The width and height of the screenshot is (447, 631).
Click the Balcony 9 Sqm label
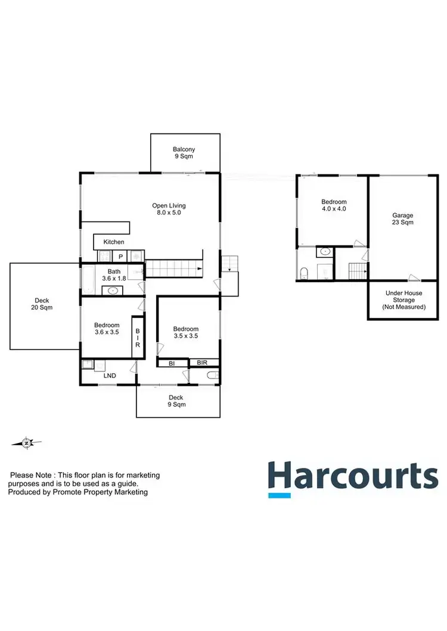click(x=184, y=153)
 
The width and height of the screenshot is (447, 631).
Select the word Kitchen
click(x=114, y=242)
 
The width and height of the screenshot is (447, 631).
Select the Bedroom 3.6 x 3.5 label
click(x=107, y=329)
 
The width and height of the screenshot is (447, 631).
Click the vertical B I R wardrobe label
click(x=137, y=338)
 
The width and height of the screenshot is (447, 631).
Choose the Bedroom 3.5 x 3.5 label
click(x=185, y=332)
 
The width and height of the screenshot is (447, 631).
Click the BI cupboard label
click(x=171, y=362)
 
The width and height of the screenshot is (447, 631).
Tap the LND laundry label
click(x=110, y=376)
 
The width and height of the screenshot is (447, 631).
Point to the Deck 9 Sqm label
click(x=176, y=401)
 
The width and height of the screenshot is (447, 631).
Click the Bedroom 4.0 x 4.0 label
click(x=333, y=205)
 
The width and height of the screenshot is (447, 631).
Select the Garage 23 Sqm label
click(x=402, y=218)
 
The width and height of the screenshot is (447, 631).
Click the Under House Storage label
click(x=403, y=300)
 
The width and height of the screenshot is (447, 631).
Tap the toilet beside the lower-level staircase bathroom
click(x=304, y=273)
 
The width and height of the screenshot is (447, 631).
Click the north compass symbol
click(x=27, y=442)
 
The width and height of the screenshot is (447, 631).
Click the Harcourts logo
click(x=352, y=478)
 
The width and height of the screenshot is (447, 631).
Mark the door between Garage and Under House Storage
click(x=414, y=278)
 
